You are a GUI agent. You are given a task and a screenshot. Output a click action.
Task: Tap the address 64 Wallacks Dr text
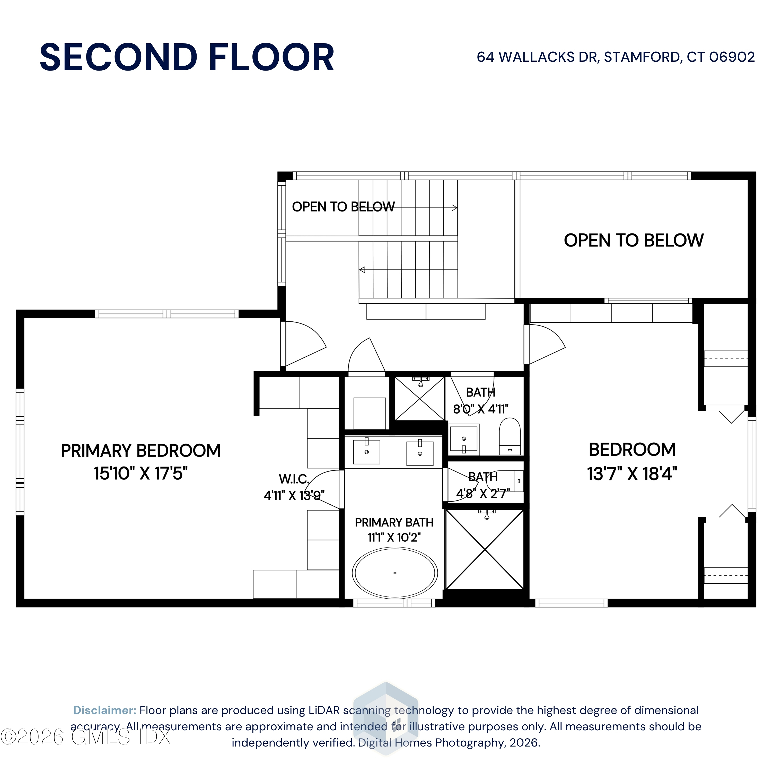point(538,57)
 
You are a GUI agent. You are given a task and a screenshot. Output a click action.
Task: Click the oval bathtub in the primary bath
point(395,573)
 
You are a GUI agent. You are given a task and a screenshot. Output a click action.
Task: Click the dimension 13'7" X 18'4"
point(632,474)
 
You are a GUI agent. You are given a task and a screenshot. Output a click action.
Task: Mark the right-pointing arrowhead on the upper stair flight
point(454,208)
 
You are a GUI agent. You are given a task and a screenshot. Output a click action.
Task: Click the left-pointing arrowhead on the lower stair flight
point(362,270)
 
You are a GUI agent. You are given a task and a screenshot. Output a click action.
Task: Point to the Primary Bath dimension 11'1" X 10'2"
point(394,538)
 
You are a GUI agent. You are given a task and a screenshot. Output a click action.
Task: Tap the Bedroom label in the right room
point(632,450)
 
